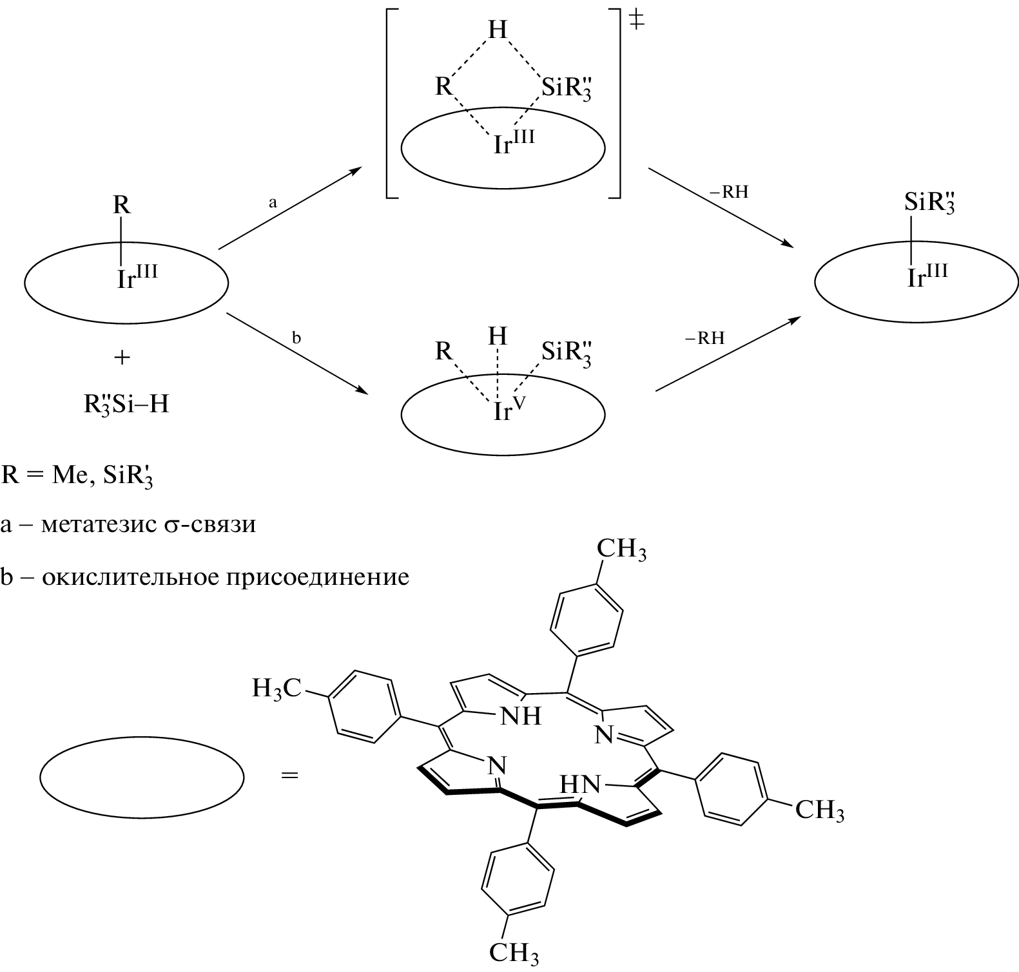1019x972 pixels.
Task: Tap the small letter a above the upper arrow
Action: tap(273, 202)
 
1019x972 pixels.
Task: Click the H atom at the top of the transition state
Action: tap(498, 30)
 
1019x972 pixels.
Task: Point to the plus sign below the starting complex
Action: tap(122, 357)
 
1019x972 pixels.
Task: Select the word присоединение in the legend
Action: tap(317, 577)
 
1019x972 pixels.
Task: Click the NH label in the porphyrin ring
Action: tap(520, 716)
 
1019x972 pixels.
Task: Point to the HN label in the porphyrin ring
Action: tap(580, 785)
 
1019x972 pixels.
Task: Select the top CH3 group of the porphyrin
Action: tap(621, 551)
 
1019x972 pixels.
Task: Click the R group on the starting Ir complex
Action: tap(122, 206)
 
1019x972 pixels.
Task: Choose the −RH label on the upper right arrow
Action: tap(730, 193)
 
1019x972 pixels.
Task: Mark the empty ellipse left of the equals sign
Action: tap(142, 777)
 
